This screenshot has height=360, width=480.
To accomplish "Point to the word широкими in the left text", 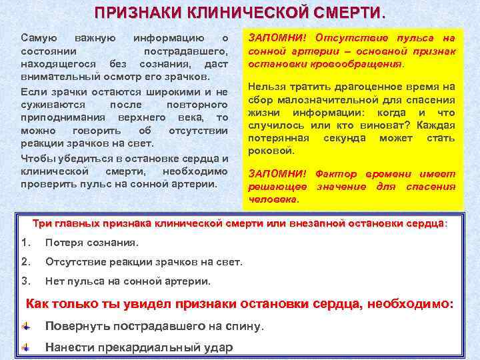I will click(x=175, y=91).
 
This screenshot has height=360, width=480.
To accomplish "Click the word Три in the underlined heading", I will click(x=43, y=223).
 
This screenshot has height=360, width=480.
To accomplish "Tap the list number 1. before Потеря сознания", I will click(x=27, y=242).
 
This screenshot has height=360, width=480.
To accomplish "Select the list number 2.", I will click(x=27, y=261).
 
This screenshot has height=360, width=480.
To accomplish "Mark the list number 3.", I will click(x=27, y=281).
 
